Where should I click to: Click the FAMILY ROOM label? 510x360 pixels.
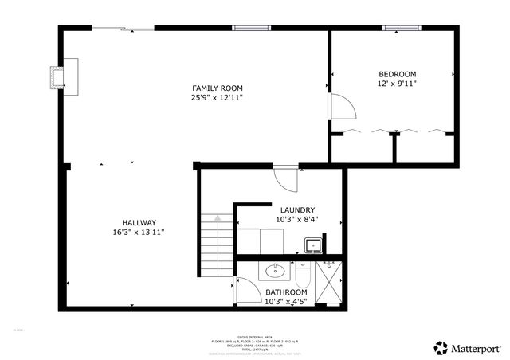click(x=217, y=88)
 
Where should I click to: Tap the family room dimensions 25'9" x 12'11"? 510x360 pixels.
click(x=217, y=97)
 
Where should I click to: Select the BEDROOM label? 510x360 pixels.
click(x=396, y=73)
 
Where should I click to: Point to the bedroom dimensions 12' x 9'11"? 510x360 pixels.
click(x=396, y=83)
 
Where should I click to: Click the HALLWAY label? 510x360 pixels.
click(x=139, y=222)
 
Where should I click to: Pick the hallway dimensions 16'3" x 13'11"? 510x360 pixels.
click(x=139, y=232)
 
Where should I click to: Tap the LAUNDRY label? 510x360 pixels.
click(x=297, y=210)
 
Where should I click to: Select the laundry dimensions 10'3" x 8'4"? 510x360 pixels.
click(x=297, y=220)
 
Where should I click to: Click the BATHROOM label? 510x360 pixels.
click(x=286, y=292)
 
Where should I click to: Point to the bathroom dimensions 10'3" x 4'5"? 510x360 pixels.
click(x=286, y=301)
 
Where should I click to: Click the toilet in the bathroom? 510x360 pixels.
click(x=302, y=276)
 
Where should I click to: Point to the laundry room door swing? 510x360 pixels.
click(x=285, y=177)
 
